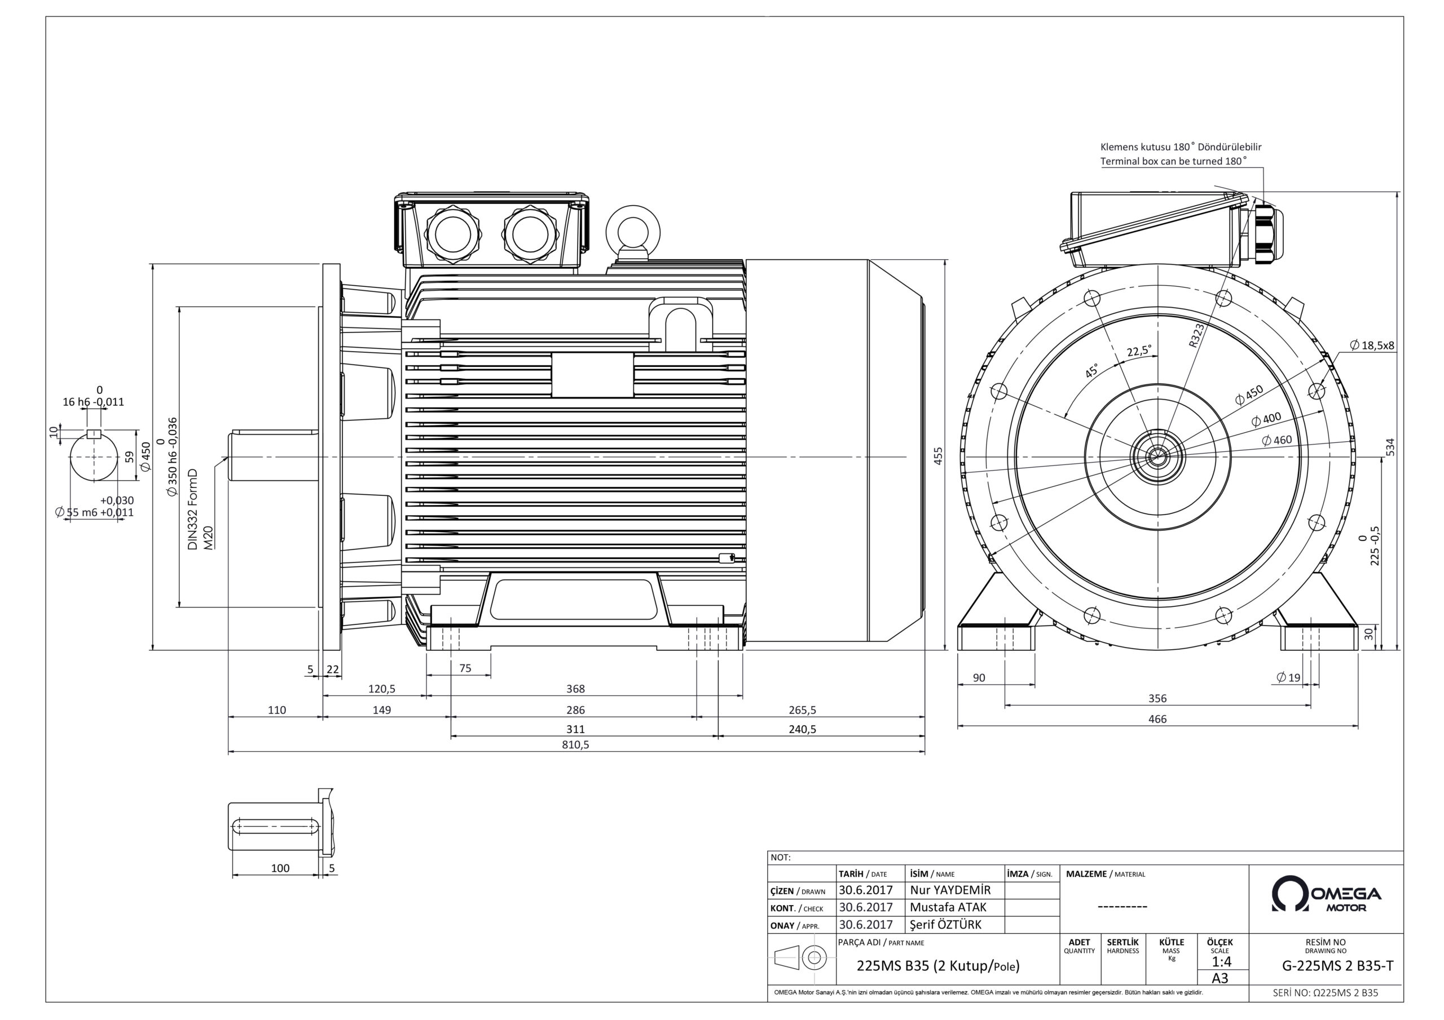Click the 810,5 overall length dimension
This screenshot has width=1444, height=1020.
point(575,745)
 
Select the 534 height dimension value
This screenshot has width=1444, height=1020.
point(1390,447)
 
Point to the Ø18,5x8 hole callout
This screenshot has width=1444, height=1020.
point(1372,345)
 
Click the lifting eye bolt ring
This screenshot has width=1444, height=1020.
point(633,230)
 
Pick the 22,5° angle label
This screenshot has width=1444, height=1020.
point(1139,351)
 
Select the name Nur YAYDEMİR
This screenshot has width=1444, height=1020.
point(950,890)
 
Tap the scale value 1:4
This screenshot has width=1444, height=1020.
point(1221,961)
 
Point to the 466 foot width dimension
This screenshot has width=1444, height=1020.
point(1157,719)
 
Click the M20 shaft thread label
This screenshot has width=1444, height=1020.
point(209,538)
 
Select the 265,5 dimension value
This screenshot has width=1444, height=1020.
point(803,710)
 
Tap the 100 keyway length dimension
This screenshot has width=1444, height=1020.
point(280,868)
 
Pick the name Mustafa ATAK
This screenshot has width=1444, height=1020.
point(948,907)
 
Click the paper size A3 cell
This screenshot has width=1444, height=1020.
point(1220,978)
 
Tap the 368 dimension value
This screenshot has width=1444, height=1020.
point(575,689)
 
